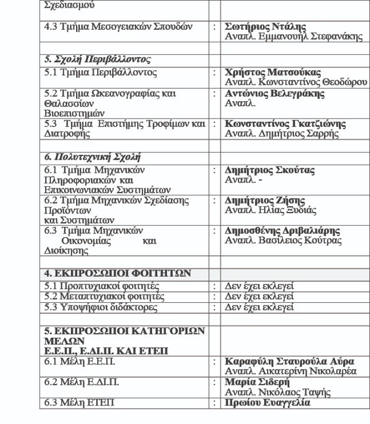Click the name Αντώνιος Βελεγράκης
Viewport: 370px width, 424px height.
click(275, 94)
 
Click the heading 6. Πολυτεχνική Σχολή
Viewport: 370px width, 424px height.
click(92, 157)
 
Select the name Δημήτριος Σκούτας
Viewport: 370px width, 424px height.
click(270, 170)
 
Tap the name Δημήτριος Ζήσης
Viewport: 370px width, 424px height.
click(265, 200)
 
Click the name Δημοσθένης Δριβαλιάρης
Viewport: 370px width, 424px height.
click(290, 230)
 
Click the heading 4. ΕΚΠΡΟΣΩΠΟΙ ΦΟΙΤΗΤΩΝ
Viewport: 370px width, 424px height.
click(117, 274)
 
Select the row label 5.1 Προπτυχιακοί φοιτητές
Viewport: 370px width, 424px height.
click(101, 286)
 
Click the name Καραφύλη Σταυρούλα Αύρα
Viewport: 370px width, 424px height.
click(297, 362)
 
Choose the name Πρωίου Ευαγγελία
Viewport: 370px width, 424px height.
click(268, 403)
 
